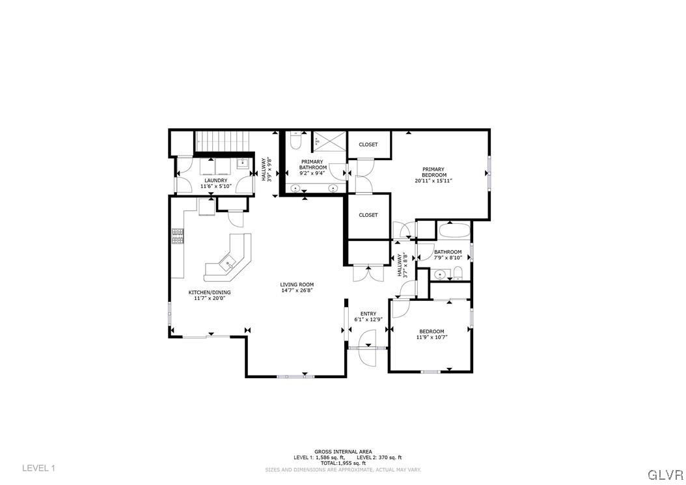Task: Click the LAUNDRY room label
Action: coord(215,180)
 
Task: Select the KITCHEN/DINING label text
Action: coord(210,292)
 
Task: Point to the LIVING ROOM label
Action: coord(297,284)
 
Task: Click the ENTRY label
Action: coord(368,314)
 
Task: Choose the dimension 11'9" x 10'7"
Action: coord(432,337)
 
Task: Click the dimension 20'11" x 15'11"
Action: coord(434,181)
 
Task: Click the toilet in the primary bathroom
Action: coord(295,140)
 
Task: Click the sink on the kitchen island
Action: coord(229,262)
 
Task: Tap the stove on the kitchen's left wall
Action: coord(177,236)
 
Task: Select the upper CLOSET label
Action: coord(368,145)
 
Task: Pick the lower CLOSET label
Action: coord(368,215)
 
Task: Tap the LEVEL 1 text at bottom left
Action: coord(39,468)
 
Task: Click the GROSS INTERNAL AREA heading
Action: coord(343,451)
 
